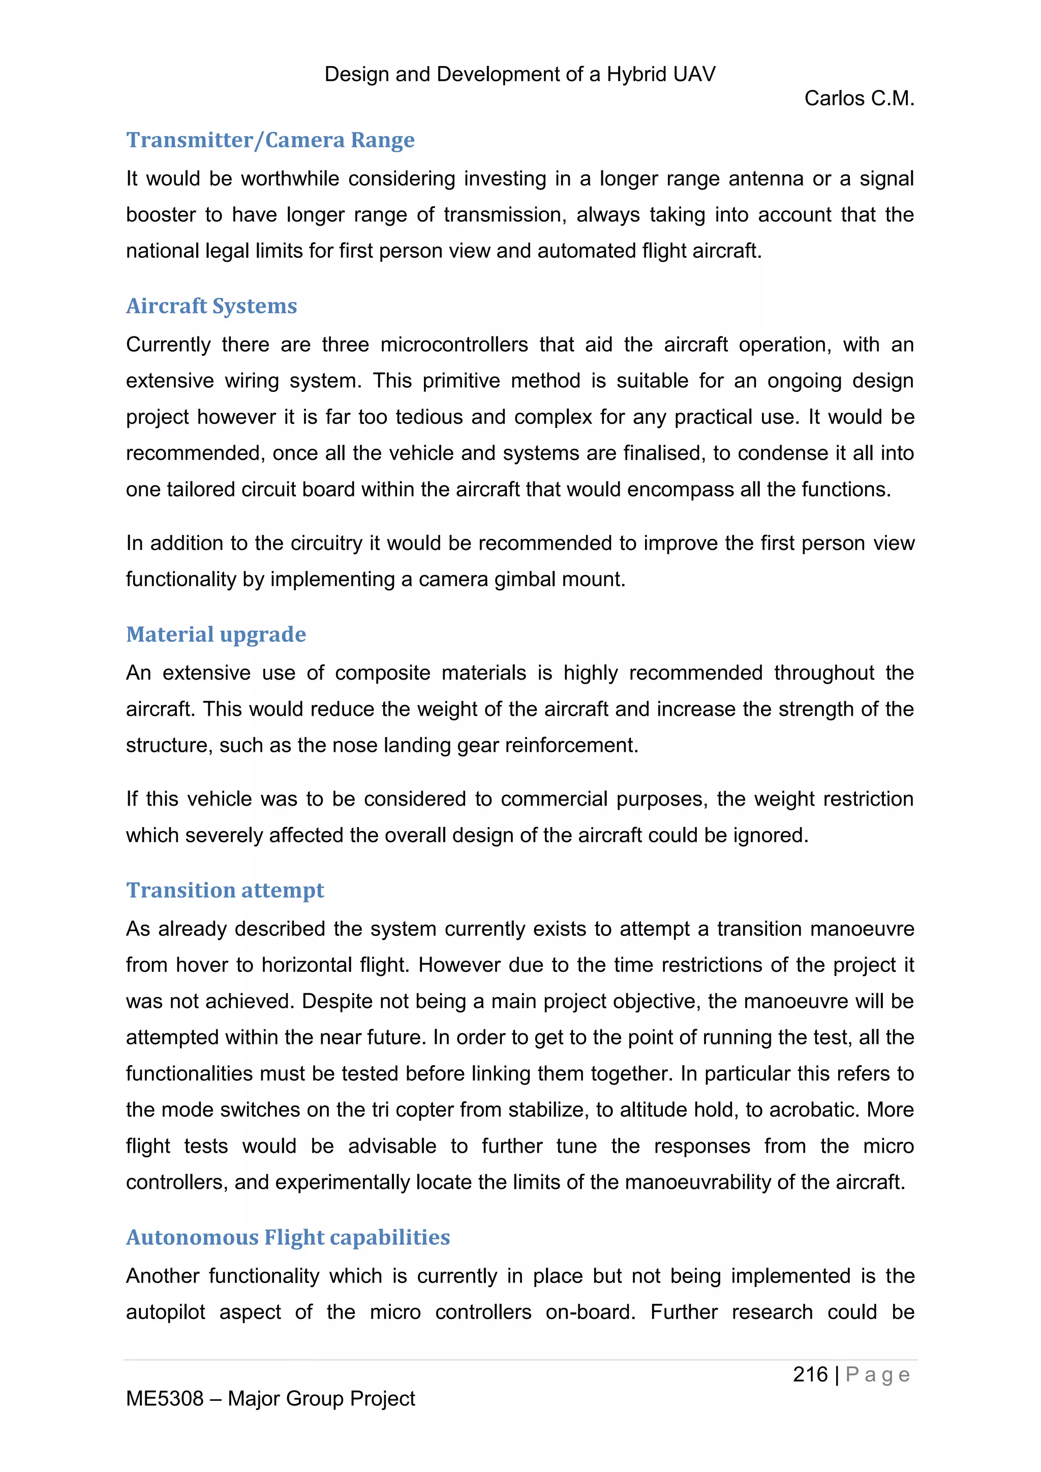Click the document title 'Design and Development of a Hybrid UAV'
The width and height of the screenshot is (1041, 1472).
pyautogui.click(x=520, y=74)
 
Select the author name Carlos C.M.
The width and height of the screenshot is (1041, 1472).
pyautogui.click(x=859, y=98)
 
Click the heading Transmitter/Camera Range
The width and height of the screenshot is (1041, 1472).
pyautogui.click(x=270, y=140)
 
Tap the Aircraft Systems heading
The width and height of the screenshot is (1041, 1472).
pyautogui.click(x=211, y=306)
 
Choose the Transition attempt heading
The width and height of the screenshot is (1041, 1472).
pyautogui.click(x=225, y=890)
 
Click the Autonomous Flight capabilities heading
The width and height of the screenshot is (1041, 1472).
pyautogui.click(x=288, y=1237)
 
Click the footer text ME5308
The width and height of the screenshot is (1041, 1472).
pyautogui.click(x=165, y=1399)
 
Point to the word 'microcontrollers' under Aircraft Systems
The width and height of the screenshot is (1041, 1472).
pyautogui.click(x=454, y=345)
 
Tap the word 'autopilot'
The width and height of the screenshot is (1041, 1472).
pyautogui.click(x=165, y=1313)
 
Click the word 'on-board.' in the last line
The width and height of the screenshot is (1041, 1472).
pyautogui.click(x=590, y=1313)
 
